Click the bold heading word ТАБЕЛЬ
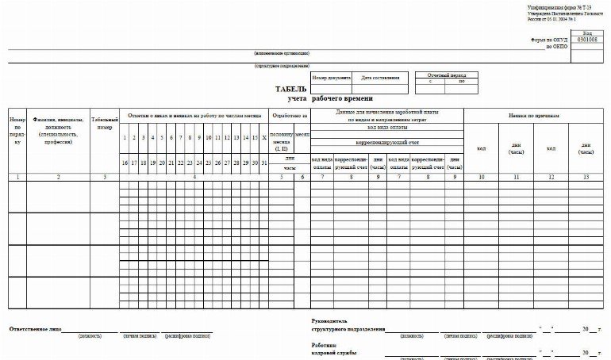290,90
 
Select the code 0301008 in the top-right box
586,39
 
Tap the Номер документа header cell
330,78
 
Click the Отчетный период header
445,74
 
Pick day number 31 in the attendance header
263,162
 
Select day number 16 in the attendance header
125,162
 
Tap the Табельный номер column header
104,122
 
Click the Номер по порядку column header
17,130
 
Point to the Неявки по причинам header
536,116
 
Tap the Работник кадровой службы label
333,349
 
